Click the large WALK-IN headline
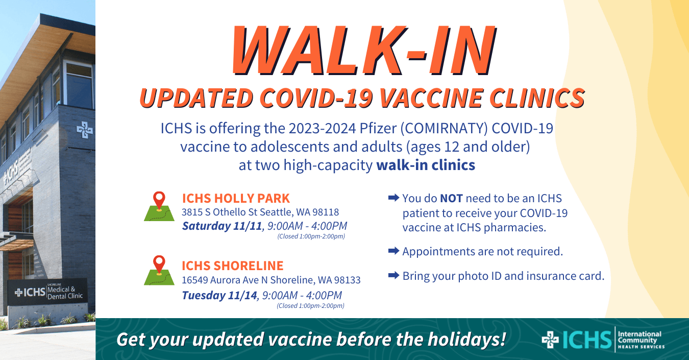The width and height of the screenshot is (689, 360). [363, 50]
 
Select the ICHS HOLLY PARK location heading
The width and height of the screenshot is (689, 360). [236, 198]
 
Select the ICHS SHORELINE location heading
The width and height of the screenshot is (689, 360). [233, 266]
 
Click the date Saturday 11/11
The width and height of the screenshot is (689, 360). [222, 225]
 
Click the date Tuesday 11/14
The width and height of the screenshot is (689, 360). [219, 295]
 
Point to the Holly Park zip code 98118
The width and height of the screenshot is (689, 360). [326, 212]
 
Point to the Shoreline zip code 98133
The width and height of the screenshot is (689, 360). [348, 280]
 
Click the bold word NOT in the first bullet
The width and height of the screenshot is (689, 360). [451, 198]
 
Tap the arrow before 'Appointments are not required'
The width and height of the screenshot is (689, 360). [393, 251]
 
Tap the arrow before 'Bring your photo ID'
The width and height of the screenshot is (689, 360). [393, 276]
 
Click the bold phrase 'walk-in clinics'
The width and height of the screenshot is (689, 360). [426, 165]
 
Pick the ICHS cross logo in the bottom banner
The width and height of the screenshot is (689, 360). [550, 340]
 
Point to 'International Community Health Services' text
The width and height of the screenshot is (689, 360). [641, 340]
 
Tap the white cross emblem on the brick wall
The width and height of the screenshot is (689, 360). [85, 130]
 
